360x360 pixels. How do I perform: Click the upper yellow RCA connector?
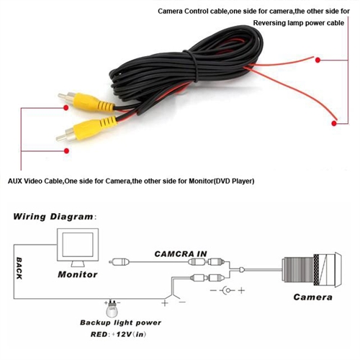(x=86, y=102)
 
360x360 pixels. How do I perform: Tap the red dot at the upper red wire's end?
(x=318, y=60)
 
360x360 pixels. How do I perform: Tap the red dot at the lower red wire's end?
(x=334, y=123)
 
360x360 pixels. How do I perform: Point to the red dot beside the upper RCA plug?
(x=66, y=108)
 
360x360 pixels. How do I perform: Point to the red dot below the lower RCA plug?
(x=66, y=150)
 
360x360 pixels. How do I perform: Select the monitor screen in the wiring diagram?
(x=78, y=245)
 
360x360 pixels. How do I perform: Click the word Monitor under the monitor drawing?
(x=78, y=274)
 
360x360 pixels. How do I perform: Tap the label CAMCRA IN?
(x=181, y=254)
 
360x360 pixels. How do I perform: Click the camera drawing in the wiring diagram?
(x=312, y=270)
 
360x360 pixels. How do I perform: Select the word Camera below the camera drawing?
(x=312, y=297)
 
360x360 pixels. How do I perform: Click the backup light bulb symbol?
(x=112, y=309)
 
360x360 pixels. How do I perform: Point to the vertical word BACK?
(x=19, y=268)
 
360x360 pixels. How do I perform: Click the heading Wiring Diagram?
(x=53, y=217)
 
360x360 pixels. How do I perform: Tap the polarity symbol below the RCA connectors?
(x=228, y=291)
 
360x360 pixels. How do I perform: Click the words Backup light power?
(x=120, y=323)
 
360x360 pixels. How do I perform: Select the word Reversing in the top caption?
(x=269, y=23)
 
